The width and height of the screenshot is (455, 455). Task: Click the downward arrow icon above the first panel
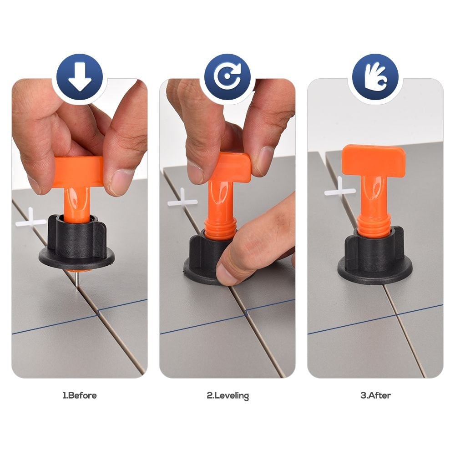click(80, 77)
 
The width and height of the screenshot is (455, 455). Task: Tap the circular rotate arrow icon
click(227, 77)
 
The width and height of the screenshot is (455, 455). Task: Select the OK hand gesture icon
click(375, 77)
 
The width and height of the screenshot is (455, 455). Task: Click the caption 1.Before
click(80, 395)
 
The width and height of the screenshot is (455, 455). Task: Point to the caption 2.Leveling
click(228, 396)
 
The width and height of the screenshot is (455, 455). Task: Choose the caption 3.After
click(375, 395)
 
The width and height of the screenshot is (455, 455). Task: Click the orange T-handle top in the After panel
click(374, 160)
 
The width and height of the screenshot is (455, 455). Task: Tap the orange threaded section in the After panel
click(373, 224)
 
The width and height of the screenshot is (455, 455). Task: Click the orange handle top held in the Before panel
click(79, 171)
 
